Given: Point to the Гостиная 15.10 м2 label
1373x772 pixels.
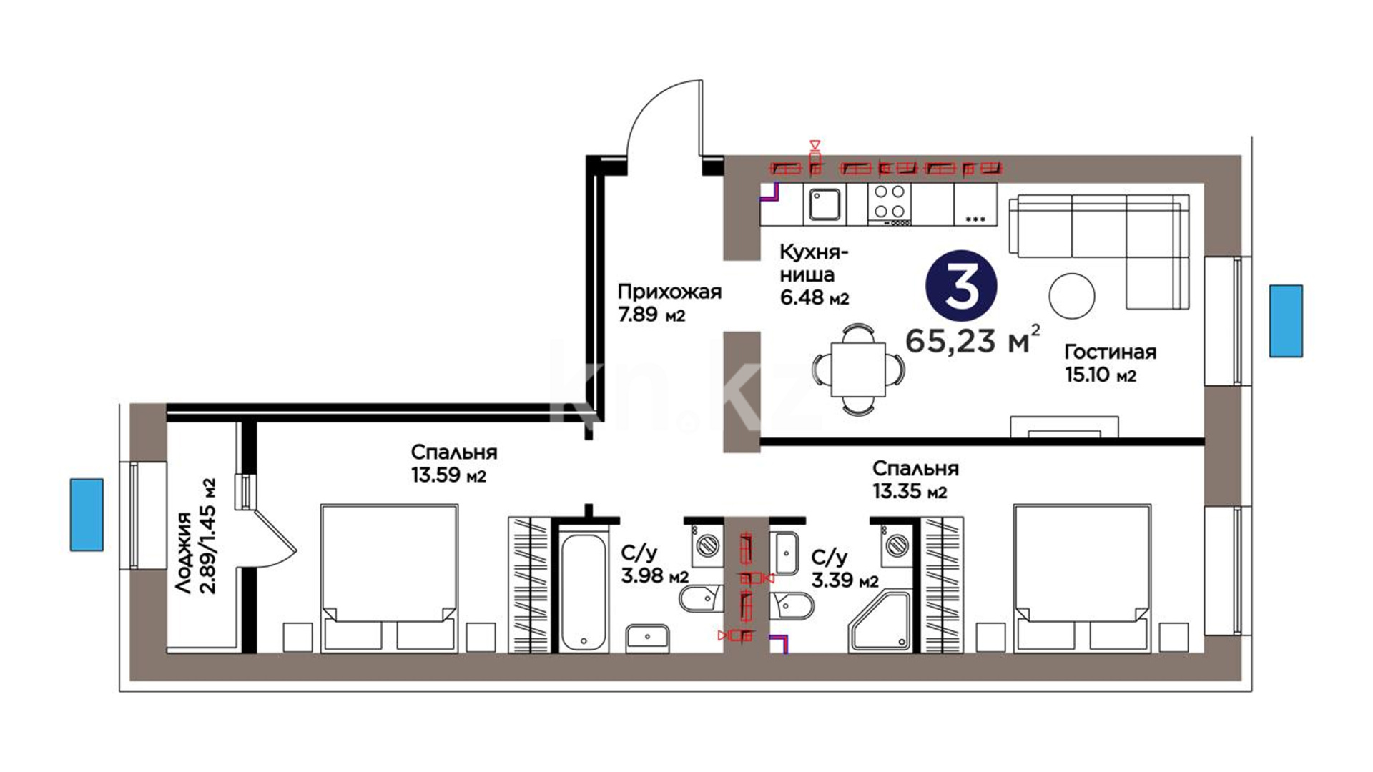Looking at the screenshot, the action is coord(1110,363).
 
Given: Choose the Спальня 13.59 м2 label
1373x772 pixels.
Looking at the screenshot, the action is coord(454,464).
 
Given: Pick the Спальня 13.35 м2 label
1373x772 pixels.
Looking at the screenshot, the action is coord(915,480).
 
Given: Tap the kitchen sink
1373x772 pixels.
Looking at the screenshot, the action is coord(824,204).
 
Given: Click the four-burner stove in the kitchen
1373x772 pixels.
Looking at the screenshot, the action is coord(890,204).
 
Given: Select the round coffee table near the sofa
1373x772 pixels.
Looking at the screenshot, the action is coord(1072,295).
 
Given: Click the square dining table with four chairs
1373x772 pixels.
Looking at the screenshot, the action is coord(858,370).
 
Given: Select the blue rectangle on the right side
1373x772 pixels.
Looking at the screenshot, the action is coord(1286,321).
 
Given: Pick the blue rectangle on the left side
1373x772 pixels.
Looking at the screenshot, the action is coord(87,515).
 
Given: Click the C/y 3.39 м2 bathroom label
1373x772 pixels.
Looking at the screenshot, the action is coord(845,568).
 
